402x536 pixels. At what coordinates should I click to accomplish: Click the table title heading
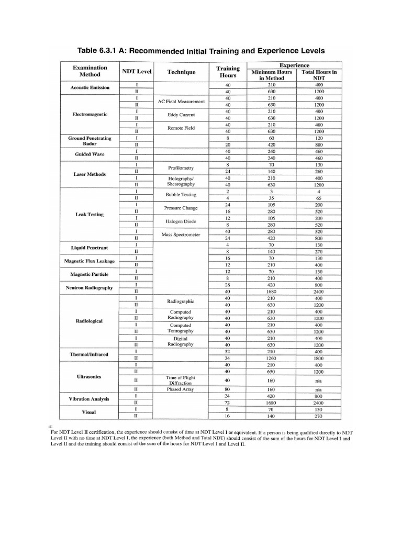[200, 51]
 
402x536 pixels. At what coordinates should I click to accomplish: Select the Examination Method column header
[90, 71]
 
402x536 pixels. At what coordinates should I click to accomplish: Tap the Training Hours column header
[228, 72]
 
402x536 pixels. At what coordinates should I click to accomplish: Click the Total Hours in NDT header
[319, 75]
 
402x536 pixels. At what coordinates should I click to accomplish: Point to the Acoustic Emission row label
[90, 87]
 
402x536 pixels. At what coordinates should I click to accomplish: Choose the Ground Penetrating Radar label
[90, 141]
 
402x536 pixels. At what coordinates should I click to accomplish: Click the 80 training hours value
[228, 389]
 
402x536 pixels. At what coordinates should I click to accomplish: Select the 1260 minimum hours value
[271, 358]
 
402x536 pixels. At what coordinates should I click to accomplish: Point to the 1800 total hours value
[319, 358]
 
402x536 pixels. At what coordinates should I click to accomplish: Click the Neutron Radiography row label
[90, 287]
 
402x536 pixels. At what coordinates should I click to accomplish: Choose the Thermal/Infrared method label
[90, 354]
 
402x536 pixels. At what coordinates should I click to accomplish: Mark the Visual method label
[90, 412]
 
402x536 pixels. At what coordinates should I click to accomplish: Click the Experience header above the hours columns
[295, 65]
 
